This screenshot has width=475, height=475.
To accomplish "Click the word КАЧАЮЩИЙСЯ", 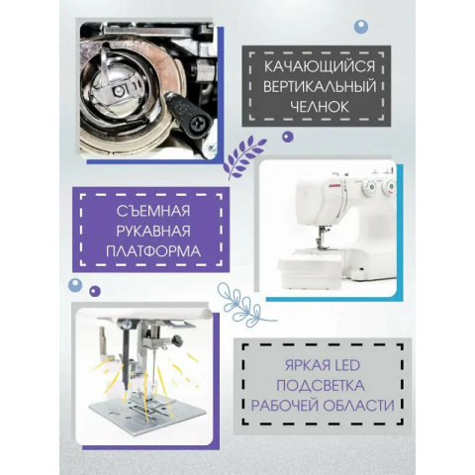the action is [x=320, y=66].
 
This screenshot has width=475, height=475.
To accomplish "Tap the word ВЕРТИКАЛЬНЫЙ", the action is [x=320, y=87].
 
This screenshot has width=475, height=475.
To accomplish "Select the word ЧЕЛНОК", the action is [x=320, y=107].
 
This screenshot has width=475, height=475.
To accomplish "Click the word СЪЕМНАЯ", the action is [x=153, y=211].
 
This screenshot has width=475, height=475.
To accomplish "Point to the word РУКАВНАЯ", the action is [x=153, y=232].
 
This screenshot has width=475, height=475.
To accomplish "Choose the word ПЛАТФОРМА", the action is [x=153, y=251].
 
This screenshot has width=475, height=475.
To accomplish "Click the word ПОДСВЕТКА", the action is [x=321, y=385].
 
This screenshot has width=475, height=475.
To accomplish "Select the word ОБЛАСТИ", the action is [x=358, y=406].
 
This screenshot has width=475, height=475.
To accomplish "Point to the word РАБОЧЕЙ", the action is [x=284, y=406].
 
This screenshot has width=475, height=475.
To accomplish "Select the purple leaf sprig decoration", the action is [x=244, y=157].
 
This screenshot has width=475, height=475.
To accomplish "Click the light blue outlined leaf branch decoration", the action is [x=245, y=305].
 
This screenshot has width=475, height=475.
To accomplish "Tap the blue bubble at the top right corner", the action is [x=361, y=27].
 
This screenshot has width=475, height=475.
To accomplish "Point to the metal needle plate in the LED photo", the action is [x=146, y=413].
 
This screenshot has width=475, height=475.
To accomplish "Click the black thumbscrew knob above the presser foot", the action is [x=178, y=338].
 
